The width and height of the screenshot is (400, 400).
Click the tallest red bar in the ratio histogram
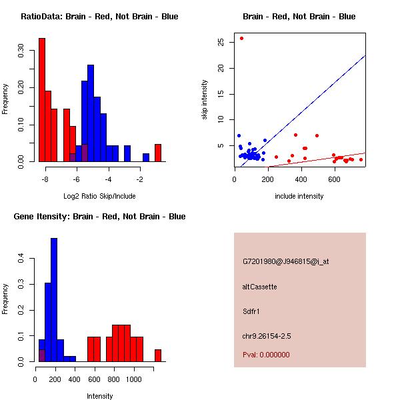[x=41, y=100]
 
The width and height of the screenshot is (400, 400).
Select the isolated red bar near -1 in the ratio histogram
[x=158, y=153]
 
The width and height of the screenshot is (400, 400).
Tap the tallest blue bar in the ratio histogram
[x=91, y=113]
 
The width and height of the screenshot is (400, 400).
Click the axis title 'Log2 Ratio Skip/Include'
[x=99, y=196]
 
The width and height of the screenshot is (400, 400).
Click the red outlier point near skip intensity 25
[x=241, y=38]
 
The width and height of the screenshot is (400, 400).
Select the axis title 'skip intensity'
[x=205, y=100]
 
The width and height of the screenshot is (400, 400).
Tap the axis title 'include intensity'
[x=299, y=196]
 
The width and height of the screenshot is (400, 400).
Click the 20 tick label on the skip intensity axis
[x=221, y=68]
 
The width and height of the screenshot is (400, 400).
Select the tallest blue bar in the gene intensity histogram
[x=54, y=299]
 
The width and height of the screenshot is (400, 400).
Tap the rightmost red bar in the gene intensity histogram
[x=158, y=355]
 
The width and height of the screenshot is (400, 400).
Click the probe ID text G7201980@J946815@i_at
[x=285, y=261]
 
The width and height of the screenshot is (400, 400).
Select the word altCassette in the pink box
[x=259, y=287]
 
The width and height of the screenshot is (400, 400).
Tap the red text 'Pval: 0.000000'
[x=266, y=355]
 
